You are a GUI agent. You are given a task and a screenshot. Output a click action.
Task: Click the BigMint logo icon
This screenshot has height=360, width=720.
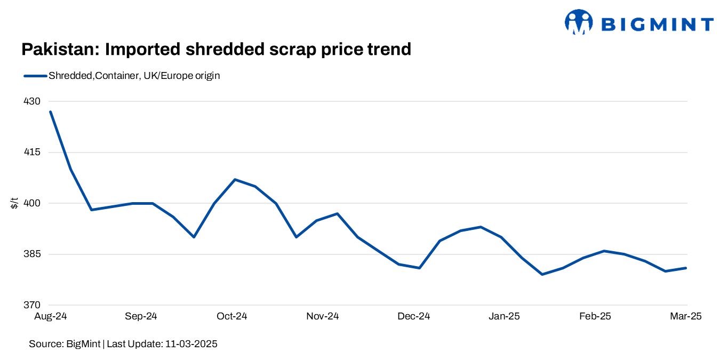click(578, 23)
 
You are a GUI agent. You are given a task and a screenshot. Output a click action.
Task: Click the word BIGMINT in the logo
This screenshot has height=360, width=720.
click(657, 25)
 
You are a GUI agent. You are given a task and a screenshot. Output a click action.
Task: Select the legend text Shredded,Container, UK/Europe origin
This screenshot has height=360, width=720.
click(134, 76)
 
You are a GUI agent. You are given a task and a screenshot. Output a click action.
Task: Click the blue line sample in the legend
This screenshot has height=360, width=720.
click(35, 76)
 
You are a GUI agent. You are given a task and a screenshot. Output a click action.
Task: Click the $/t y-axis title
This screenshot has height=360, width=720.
click(14, 203)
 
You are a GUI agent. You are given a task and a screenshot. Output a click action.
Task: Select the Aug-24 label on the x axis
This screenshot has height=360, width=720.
click(50, 317)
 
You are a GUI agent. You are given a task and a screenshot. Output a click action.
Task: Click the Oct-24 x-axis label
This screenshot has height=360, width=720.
click(232, 317)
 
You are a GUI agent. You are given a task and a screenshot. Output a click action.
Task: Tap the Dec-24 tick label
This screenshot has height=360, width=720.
click(414, 317)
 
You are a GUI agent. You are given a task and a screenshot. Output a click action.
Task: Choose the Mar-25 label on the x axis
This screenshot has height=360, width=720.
click(685, 317)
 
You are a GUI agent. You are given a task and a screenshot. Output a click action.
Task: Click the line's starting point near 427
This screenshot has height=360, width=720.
click(50, 111)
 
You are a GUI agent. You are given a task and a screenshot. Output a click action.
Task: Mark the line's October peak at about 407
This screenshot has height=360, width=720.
click(235, 180)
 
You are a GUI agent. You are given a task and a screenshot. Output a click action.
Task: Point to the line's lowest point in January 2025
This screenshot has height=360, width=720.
click(542, 274)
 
